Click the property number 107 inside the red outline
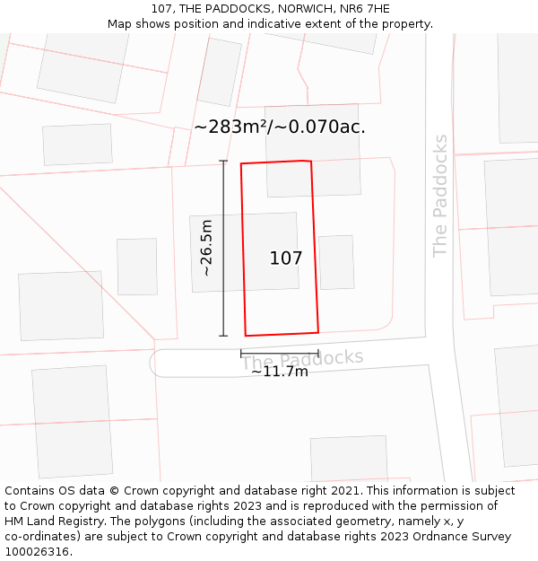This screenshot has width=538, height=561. coord(286,259)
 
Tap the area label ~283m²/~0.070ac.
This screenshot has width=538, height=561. coord(279,127)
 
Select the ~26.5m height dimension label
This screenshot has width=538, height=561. coord(207,248)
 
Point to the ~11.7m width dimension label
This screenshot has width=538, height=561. coord(279,372)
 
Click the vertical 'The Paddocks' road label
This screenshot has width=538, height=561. coord(440,196)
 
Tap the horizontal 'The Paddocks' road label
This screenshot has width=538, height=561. coord(303,359)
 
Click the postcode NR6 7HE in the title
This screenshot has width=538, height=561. coord(364,9)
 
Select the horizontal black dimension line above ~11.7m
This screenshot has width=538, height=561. coord(279,354)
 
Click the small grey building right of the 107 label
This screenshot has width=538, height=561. coord(336,262)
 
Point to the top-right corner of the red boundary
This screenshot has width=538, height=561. coord(311,162)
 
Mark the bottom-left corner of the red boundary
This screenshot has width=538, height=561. coord(246,336)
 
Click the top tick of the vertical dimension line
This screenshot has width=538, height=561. coord(223,162)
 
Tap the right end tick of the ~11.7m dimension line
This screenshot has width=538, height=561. coord(318,354)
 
